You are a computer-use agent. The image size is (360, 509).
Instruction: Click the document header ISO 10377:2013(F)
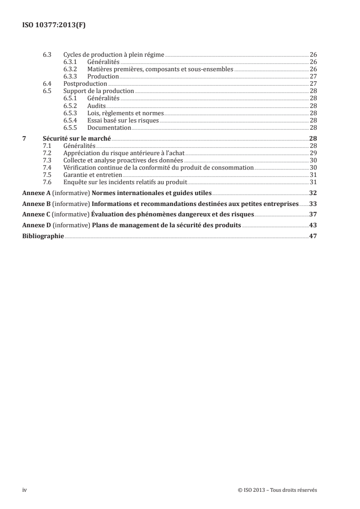(54, 25)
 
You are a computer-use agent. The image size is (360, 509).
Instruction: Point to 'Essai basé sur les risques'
(117, 120)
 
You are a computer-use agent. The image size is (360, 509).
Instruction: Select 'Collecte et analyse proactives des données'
(123, 160)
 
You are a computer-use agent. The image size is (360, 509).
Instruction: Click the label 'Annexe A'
(37, 193)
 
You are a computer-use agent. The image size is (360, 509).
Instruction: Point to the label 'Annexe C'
(37, 215)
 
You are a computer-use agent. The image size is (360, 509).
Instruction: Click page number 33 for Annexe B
(313, 204)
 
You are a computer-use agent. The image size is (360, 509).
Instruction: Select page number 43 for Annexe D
(313, 225)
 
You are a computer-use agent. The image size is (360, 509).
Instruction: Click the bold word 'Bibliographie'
(44, 236)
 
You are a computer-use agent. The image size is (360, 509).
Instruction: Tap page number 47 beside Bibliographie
(313, 236)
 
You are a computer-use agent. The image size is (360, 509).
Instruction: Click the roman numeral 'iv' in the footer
(25, 490)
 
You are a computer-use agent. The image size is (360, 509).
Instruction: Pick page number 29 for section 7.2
(313, 153)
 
